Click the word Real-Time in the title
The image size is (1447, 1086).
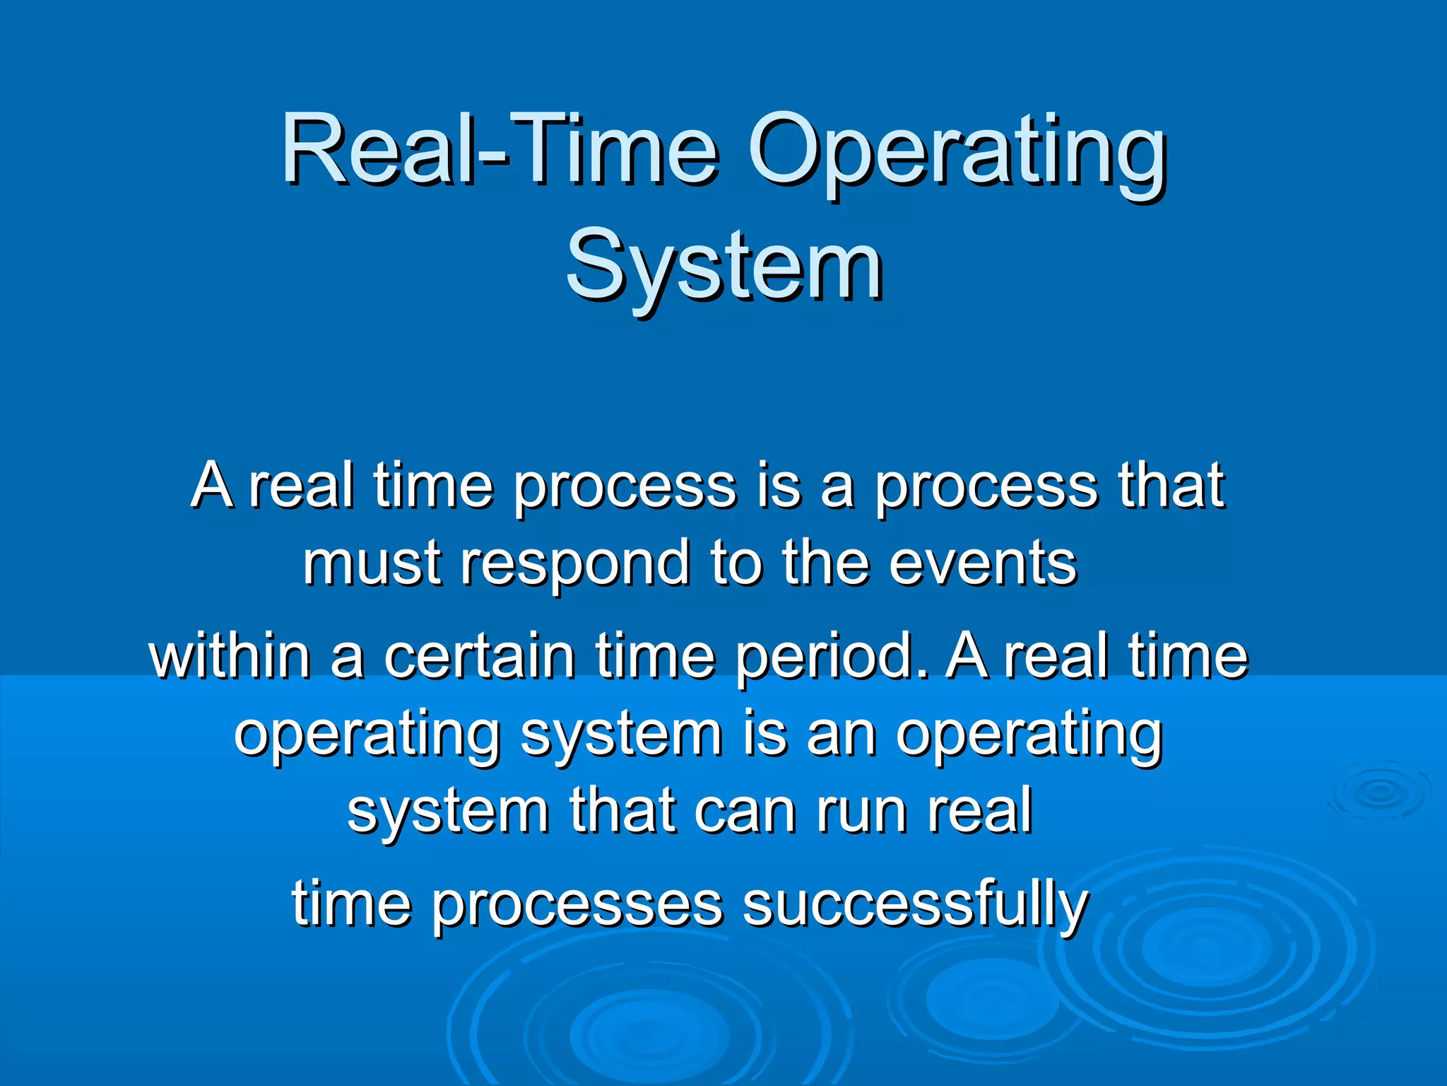[x=499, y=150]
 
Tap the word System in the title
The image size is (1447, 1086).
[x=723, y=267]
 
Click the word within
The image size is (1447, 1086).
[x=230, y=655]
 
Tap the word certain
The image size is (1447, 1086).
[x=478, y=655]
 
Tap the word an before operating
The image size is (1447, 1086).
[x=840, y=735]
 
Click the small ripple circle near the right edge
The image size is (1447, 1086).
[x=1378, y=791]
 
